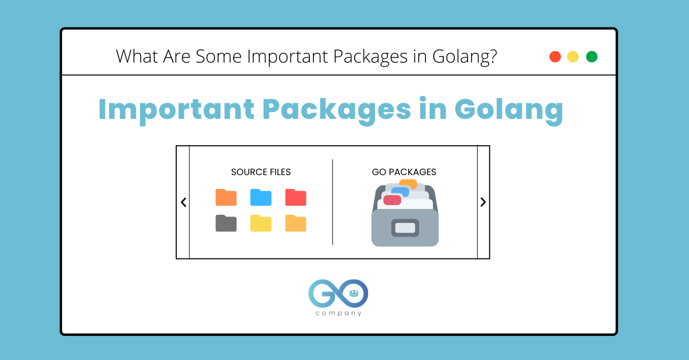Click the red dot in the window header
pos(555,57)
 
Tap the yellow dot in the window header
pos(573,57)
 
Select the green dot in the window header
pos(591,57)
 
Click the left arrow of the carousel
pos(183,202)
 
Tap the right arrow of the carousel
pos(483,202)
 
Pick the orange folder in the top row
pos(226,198)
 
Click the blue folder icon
pos(261,198)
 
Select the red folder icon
pos(296,198)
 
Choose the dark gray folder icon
pos(226,223)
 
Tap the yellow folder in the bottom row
pos(261,223)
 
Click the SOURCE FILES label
pos(261,172)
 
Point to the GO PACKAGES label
pos(404,172)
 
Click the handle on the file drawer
pos(405,228)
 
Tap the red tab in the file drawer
pos(392,200)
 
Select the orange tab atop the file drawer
pos(408,184)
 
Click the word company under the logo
pos(339,313)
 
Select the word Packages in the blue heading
pos(337,109)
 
